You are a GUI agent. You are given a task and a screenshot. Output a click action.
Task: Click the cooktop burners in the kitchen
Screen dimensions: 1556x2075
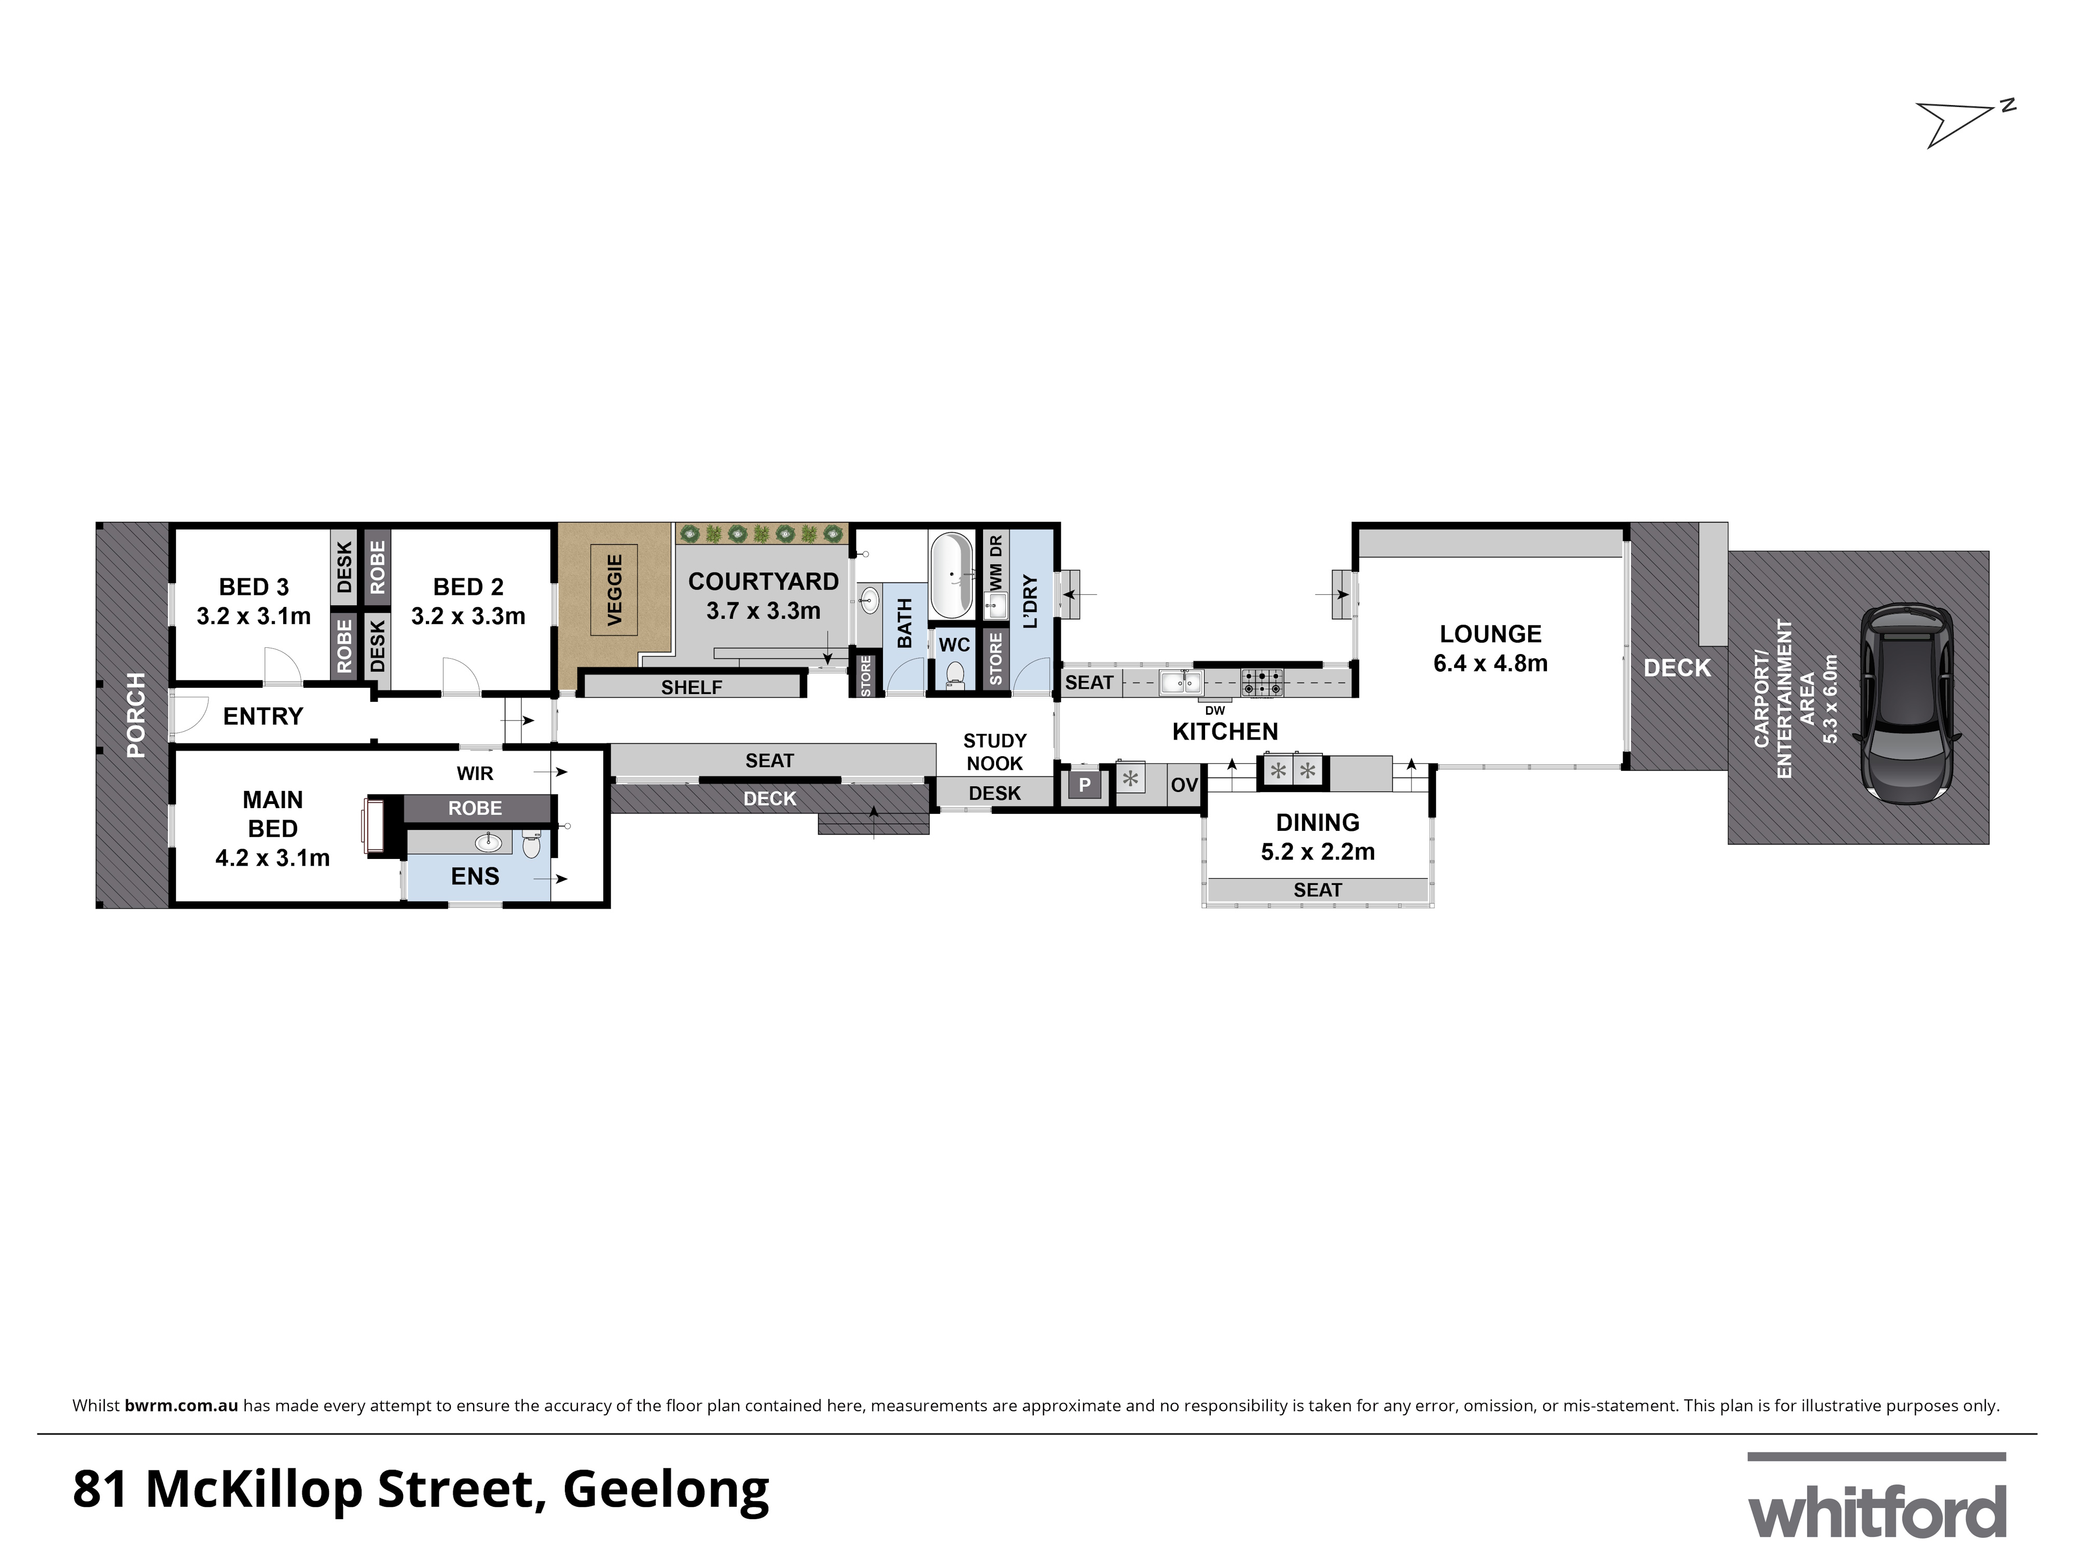pos(1263,682)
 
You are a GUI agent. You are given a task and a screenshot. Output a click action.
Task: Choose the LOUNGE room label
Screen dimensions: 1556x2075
pos(1490,634)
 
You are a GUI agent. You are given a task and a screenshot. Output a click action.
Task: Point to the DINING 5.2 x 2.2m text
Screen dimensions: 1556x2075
pos(1317,837)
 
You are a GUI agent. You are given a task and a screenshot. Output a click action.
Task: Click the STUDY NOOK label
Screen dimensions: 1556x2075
pos(994,751)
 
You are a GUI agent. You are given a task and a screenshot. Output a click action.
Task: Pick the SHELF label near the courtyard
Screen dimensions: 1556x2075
pos(691,687)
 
